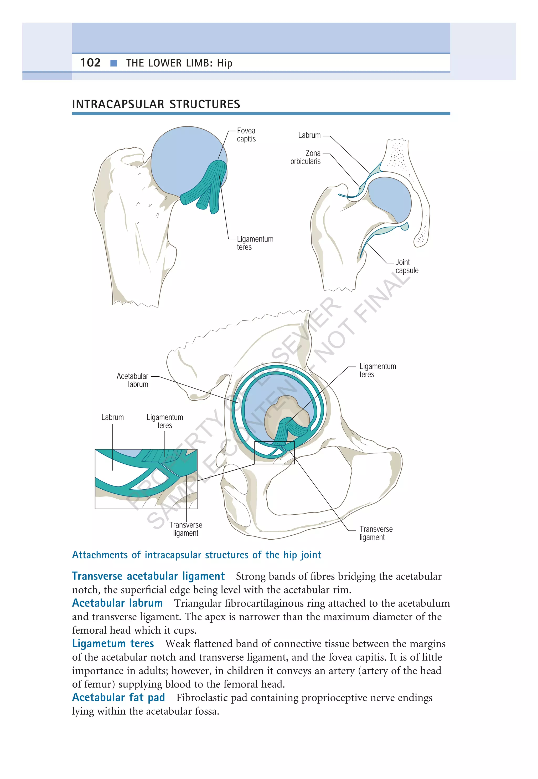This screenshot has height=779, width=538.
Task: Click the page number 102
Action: point(90,63)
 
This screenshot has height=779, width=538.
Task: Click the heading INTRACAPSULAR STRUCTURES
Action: point(156,104)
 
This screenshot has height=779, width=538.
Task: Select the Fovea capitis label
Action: point(246,135)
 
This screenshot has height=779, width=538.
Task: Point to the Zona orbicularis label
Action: point(306,157)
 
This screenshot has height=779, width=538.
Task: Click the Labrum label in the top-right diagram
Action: point(309,135)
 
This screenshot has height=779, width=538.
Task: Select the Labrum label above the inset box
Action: point(113,417)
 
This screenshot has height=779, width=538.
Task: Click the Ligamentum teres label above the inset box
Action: point(165,421)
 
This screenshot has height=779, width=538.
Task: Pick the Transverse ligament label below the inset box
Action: point(186,529)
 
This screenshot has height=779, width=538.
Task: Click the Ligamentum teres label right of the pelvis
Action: point(377,370)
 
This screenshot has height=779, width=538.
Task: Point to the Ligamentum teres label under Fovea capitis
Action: point(255,243)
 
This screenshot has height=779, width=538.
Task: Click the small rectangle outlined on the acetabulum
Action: point(275,453)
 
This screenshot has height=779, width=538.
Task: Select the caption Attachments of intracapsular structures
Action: point(196,555)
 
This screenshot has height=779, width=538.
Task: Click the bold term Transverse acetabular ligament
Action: point(148,576)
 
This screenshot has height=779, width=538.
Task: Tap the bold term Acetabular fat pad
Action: point(118,697)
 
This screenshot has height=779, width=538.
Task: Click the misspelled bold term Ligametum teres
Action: point(113,643)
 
